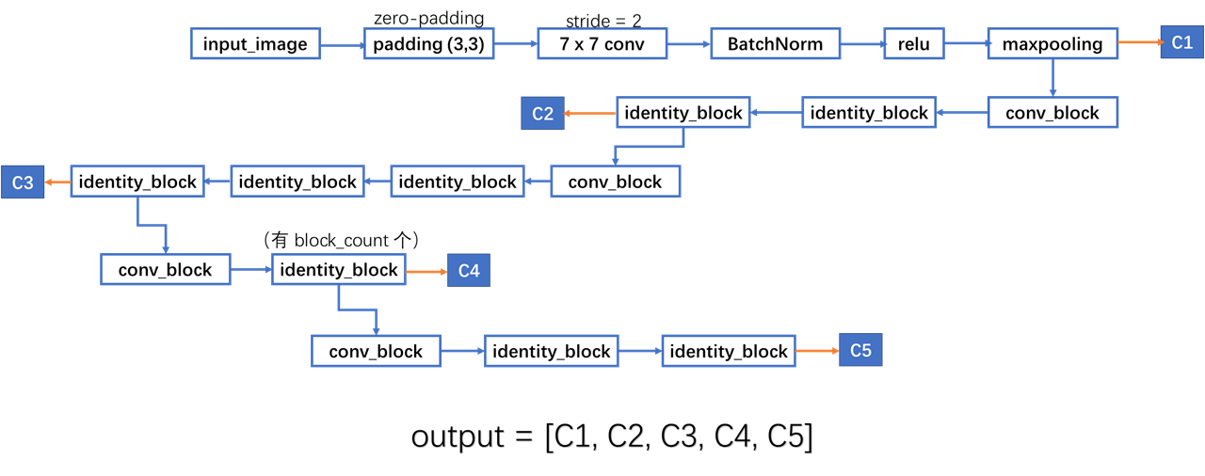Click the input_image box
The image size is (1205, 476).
coord(255,43)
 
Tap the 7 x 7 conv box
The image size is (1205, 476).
coord(602,43)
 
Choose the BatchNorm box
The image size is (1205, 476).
coord(775,43)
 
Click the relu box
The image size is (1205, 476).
coord(913,43)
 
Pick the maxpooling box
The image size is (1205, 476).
coord(1052,43)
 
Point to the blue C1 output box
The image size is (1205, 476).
coord(1181,42)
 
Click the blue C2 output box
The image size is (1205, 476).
coord(542,113)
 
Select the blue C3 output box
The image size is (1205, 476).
coord(23,182)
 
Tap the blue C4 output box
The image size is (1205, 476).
coord(469,271)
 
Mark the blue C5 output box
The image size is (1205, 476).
coord(860,351)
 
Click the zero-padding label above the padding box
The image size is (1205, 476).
coord(428,18)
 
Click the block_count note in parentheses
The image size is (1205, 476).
coord(340,241)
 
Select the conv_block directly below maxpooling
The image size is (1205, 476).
coord(1052,113)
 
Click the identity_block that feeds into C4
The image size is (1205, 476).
coord(339,270)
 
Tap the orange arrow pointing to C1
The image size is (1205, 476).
coord(1139,42)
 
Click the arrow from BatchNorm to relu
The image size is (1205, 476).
coord(861,43)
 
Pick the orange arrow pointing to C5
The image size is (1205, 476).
coord(817,351)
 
